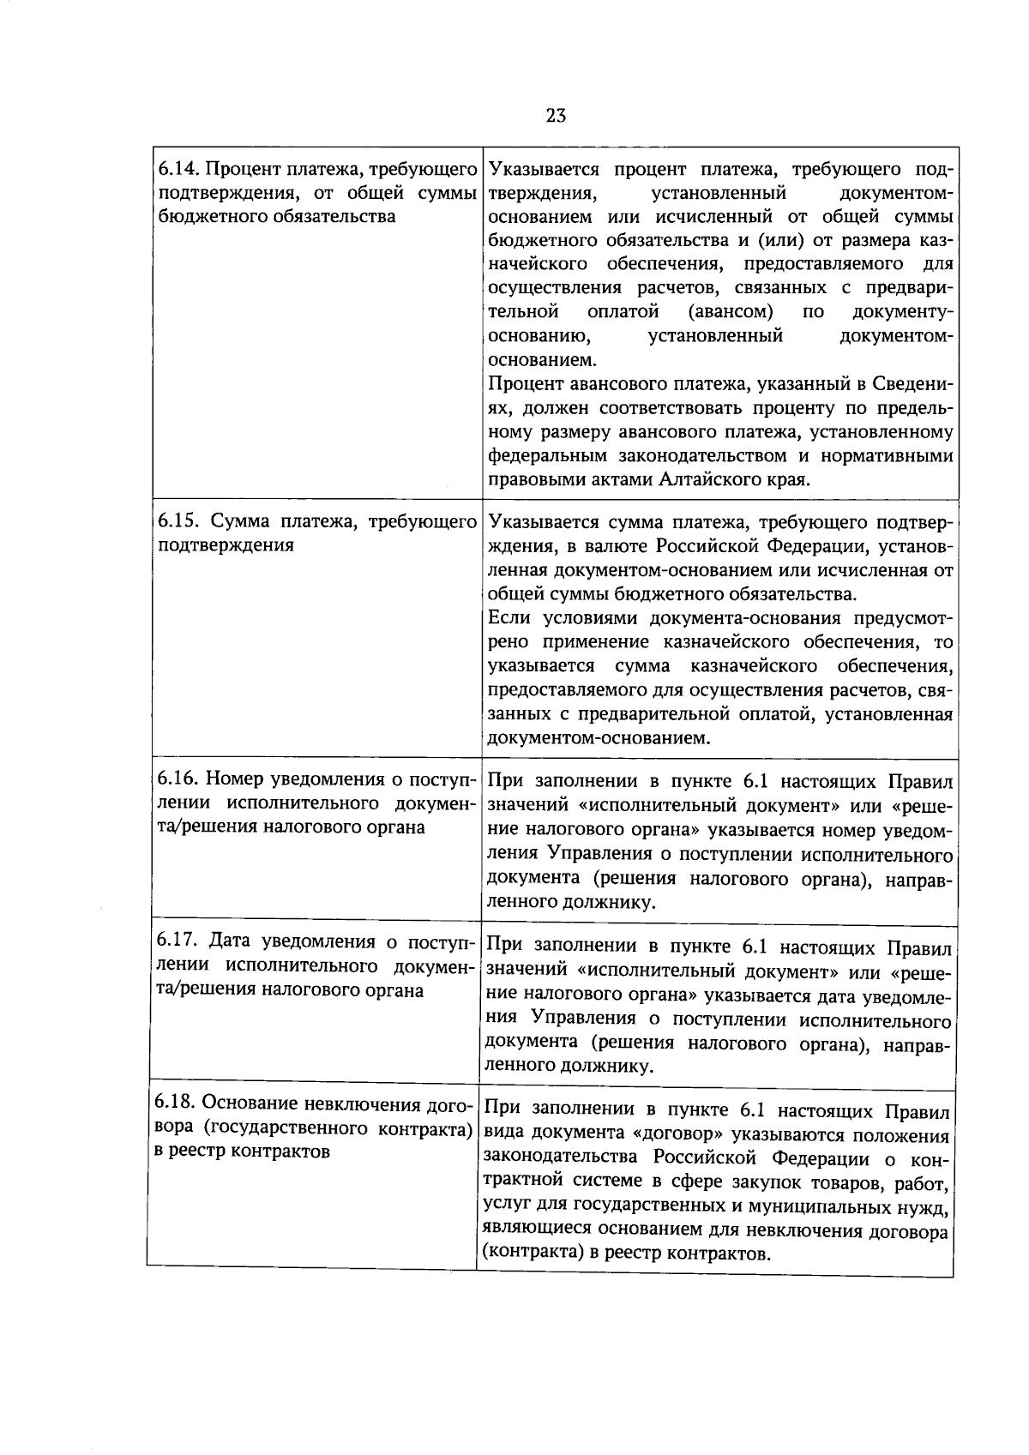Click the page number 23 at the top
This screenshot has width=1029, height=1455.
point(555,116)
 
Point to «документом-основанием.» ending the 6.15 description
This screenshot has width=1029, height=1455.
point(599,738)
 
